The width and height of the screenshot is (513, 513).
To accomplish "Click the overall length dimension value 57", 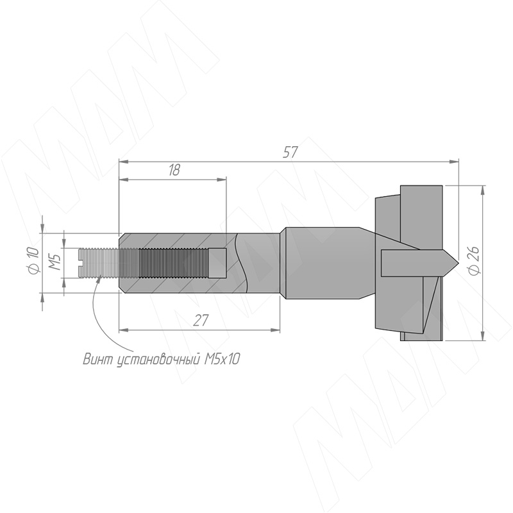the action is click(290, 153).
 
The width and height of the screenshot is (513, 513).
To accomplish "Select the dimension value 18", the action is click(174, 170).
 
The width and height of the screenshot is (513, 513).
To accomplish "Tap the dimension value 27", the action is click(200, 320).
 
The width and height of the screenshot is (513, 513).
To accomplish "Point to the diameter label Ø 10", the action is click(34, 261).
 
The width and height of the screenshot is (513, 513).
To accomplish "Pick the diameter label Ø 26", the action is click(474, 261).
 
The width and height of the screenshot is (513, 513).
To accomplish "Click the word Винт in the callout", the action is click(96, 359).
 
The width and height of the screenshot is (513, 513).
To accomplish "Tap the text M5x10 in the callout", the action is click(222, 359).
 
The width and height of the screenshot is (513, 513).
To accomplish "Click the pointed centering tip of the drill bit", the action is click(457, 263).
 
